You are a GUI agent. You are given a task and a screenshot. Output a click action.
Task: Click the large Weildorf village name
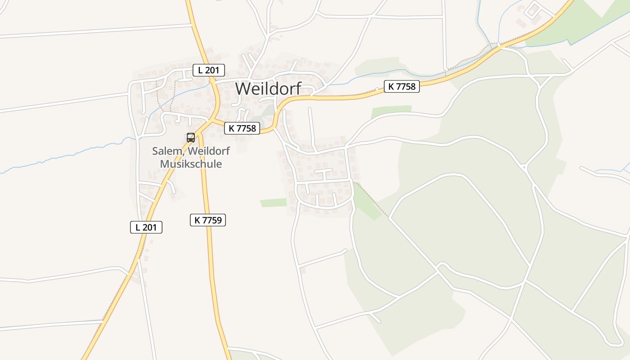268,88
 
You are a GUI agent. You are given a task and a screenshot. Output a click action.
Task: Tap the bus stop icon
191,137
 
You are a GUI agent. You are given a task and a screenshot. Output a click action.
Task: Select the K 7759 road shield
207,220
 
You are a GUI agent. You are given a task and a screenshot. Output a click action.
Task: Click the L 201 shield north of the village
208,70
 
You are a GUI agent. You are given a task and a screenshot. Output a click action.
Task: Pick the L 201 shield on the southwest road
146,227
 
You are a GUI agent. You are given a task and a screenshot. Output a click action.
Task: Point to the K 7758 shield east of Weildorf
402,86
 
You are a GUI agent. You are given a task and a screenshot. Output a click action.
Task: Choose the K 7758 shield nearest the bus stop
242,128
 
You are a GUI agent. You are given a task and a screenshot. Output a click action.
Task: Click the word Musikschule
191,164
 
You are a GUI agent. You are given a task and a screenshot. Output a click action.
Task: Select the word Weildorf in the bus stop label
209,151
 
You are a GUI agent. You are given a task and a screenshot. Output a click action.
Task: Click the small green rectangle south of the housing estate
273,202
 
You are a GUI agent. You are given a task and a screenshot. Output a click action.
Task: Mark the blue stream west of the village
67,157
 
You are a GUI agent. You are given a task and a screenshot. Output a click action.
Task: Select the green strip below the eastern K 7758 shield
391,111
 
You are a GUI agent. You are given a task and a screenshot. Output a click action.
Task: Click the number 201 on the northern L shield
213,70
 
